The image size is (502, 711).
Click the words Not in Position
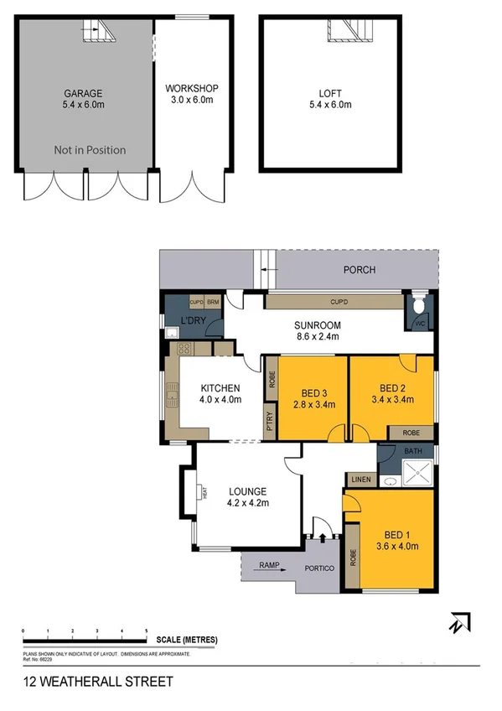click(90, 150)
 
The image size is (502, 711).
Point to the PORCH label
click(359, 270)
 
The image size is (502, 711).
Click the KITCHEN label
click(220, 393)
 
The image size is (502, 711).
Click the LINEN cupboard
click(360, 479)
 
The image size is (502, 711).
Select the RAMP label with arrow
click(270, 565)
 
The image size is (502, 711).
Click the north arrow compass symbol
click(458, 623)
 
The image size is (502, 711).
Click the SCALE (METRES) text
click(186, 640)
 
